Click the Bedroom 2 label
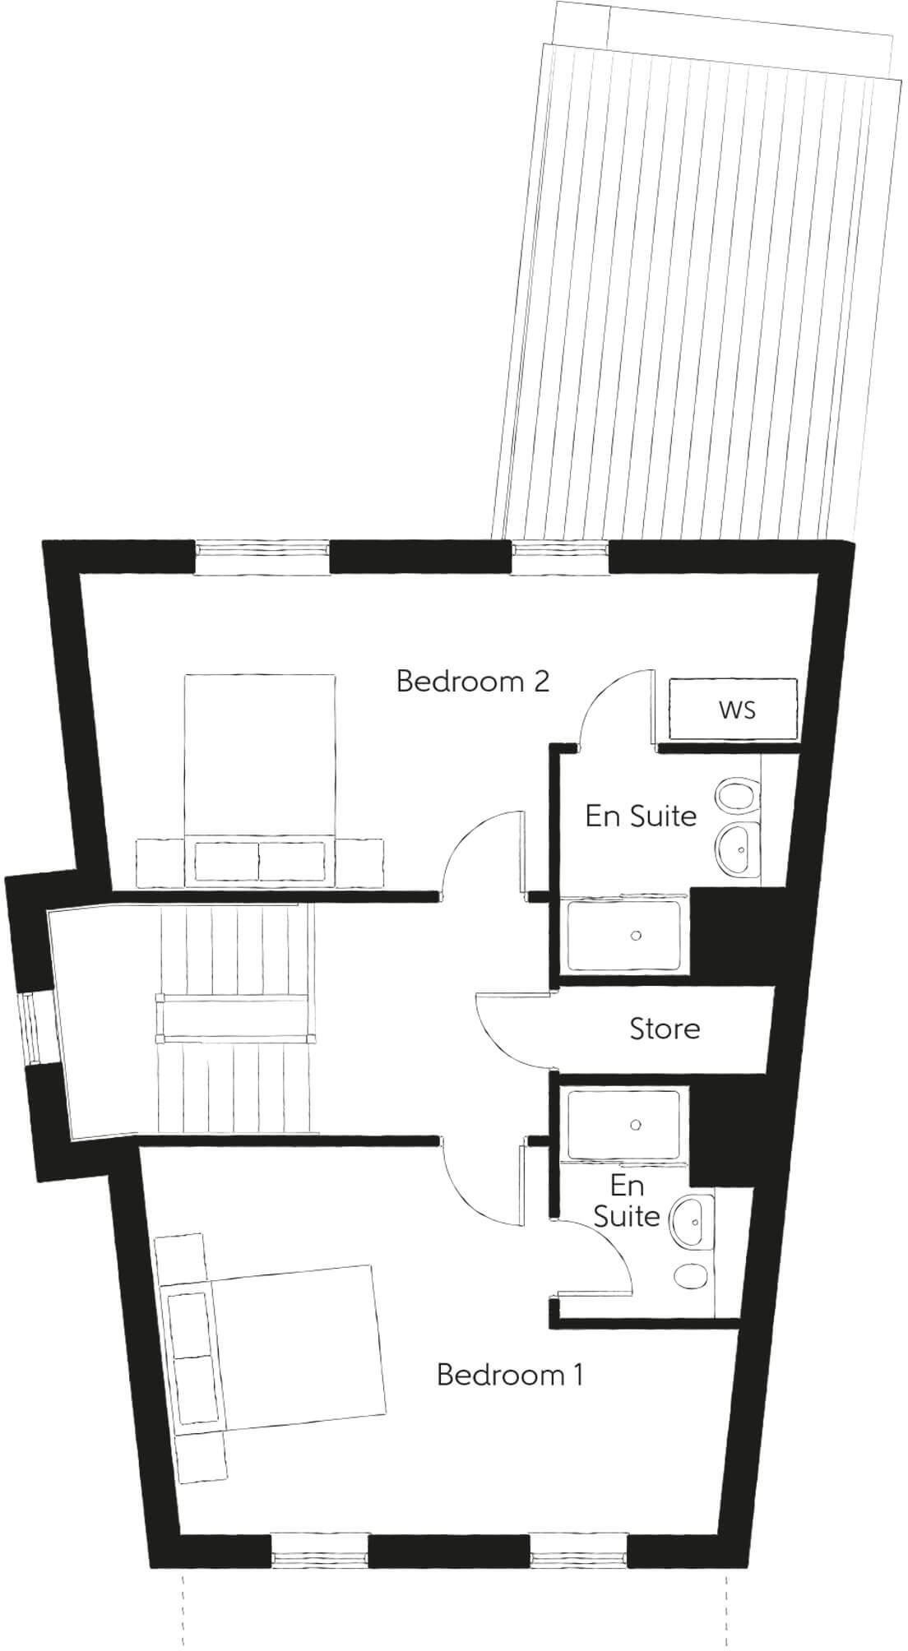click(x=472, y=682)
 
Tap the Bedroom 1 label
click(x=510, y=1374)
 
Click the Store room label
click(x=665, y=1029)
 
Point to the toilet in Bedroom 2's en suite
click(x=734, y=795)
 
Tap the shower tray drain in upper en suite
click(x=636, y=935)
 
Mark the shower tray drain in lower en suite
click(x=636, y=1124)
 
